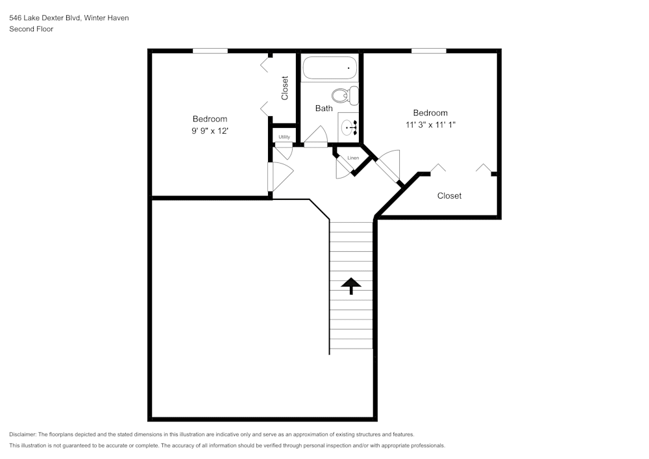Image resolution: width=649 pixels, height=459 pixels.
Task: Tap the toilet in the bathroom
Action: click(x=345, y=95)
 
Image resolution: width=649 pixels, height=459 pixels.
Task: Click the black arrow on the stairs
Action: click(x=351, y=285)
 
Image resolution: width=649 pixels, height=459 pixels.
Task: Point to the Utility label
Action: click(x=284, y=137)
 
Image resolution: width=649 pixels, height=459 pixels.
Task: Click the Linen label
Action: click(x=353, y=158)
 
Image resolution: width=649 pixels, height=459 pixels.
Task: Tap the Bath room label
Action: click(x=324, y=108)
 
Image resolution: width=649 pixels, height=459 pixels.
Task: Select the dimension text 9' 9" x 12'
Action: click(x=210, y=130)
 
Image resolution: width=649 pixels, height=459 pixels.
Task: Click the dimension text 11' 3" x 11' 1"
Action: click(x=430, y=125)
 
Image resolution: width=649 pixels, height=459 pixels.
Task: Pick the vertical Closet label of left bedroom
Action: click(x=284, y=88)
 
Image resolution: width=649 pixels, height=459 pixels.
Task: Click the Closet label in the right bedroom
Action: click(x=449, y=195)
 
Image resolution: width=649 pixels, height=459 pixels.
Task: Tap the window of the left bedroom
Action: click(x=210, y=51)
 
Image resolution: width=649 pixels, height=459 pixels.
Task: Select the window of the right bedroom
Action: click(x=428, y=51)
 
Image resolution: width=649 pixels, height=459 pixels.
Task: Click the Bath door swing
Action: click(x=316, y=137)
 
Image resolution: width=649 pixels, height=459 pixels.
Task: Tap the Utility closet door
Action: click(x=284, y=152)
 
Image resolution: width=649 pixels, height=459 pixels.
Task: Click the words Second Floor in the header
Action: click(x=31, y=29)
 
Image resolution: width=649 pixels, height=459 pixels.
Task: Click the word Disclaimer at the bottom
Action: click(x=23, y=434)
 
